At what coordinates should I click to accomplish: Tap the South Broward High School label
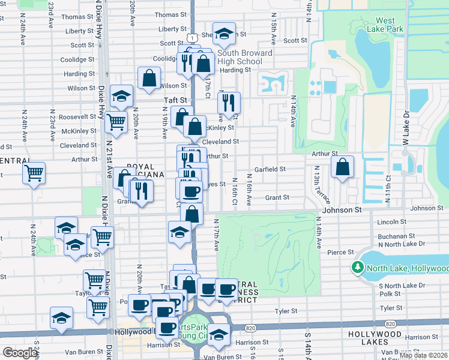click(244, 57)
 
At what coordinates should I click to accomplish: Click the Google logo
click(20, 352)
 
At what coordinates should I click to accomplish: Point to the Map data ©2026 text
click(423, 355)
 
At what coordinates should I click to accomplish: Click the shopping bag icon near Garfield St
click(342, 167)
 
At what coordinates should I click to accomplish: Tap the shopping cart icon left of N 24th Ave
click(34, 173)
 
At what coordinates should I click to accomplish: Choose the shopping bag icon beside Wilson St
click(149, 78)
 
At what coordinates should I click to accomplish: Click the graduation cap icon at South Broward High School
click(224, 34)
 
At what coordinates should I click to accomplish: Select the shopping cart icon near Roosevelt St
click(116, 122)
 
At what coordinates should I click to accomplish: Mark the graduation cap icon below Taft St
click(121, 96)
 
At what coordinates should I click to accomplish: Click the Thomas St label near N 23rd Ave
click(74, 17)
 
